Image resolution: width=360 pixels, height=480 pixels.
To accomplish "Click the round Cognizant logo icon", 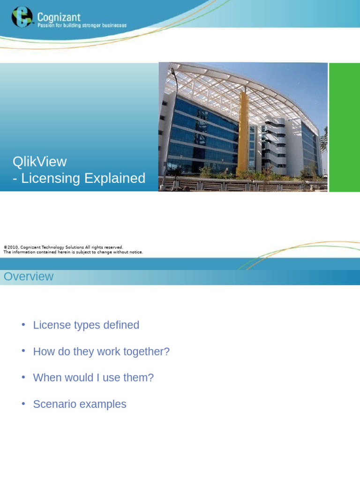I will [22, 17].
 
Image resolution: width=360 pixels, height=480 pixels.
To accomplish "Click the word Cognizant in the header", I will [59, 17].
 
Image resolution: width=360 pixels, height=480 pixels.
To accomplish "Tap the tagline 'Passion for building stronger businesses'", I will [82, 26].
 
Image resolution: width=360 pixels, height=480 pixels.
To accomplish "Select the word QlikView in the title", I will [40, 162].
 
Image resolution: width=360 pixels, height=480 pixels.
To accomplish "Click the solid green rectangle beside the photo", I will [344, 127].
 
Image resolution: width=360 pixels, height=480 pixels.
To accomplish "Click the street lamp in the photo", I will [173, 75].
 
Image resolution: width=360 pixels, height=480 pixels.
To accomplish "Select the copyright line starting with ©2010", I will [63, 247].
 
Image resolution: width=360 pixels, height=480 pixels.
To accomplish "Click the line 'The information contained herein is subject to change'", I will [73, 252].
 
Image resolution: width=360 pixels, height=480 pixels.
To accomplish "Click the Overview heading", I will [29, 277].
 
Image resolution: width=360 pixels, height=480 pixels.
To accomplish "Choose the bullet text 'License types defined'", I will [86, 325].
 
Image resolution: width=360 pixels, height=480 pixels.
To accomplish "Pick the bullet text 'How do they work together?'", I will [101, 352].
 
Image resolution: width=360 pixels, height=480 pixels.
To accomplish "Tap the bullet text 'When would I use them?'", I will [93, 378].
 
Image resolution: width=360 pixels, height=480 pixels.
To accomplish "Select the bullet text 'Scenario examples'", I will [80, 404].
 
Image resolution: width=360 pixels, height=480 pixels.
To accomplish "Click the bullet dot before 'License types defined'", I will [23, 325].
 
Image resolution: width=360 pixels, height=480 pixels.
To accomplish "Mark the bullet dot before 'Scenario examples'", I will [23, 404].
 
